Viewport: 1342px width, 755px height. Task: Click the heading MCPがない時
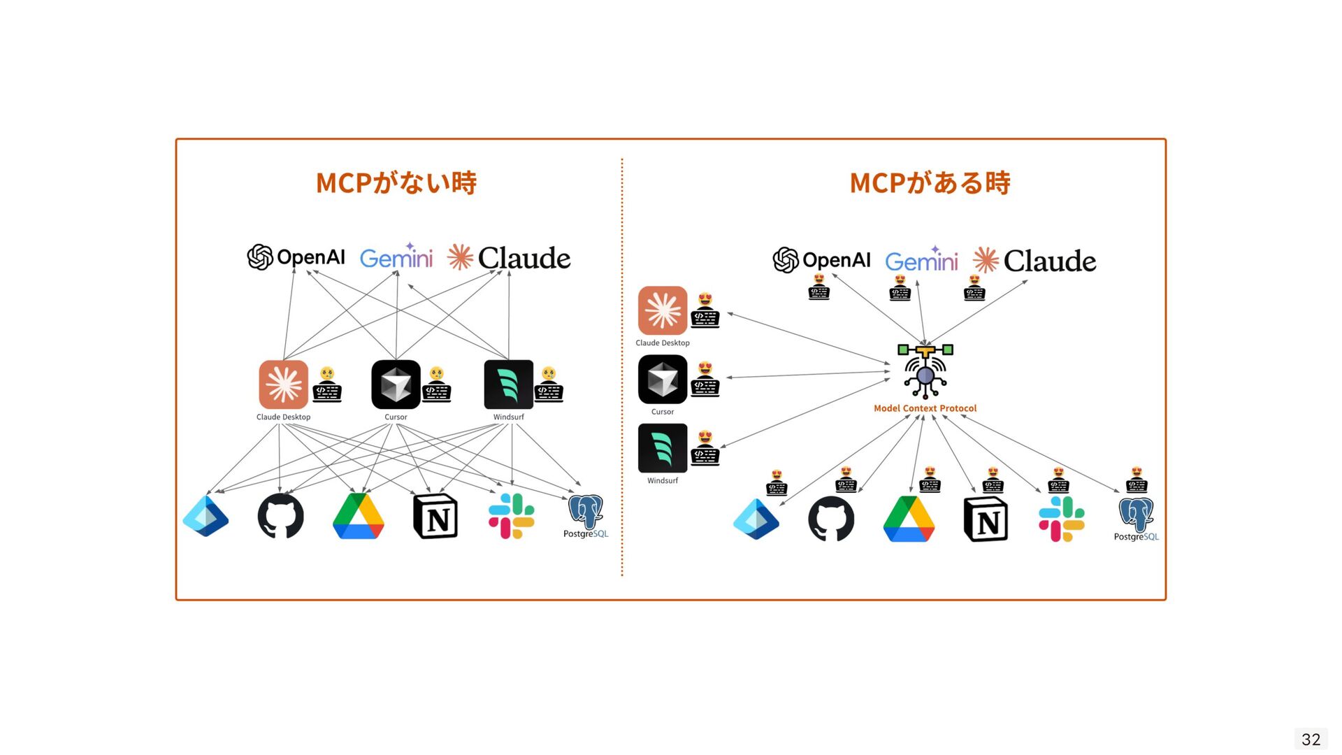pos(396,183)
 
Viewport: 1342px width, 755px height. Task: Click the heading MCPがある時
pos(930,183)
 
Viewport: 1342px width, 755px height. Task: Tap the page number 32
pos(1311,740)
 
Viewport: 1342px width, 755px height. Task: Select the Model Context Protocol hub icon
pos(925,371)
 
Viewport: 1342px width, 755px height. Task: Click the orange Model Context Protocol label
pos(925,408)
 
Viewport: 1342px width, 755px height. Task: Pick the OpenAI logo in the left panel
pos(296,257)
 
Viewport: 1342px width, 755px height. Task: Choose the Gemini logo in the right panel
pos(921,260)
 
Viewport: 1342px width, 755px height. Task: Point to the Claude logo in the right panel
pos(1034,261)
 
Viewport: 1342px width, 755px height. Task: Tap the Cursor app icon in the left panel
pos(396,384)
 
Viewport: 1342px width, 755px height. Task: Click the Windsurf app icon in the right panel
pos(663,448)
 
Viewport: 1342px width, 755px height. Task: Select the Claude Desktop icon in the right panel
pos(663,310)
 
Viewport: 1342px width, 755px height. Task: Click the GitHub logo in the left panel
pos(280,517)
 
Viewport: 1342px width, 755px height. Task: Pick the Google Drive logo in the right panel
pos(909,519)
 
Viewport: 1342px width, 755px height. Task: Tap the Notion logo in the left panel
pos(435,517)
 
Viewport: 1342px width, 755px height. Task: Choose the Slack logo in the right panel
pos(1061,519)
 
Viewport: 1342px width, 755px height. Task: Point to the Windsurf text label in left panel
pos(508,417)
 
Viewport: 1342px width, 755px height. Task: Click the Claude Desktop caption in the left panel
pos(283,417)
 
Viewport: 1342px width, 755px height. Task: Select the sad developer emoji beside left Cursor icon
pos(437,384)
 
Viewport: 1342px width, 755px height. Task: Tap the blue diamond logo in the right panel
pos(756,519)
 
